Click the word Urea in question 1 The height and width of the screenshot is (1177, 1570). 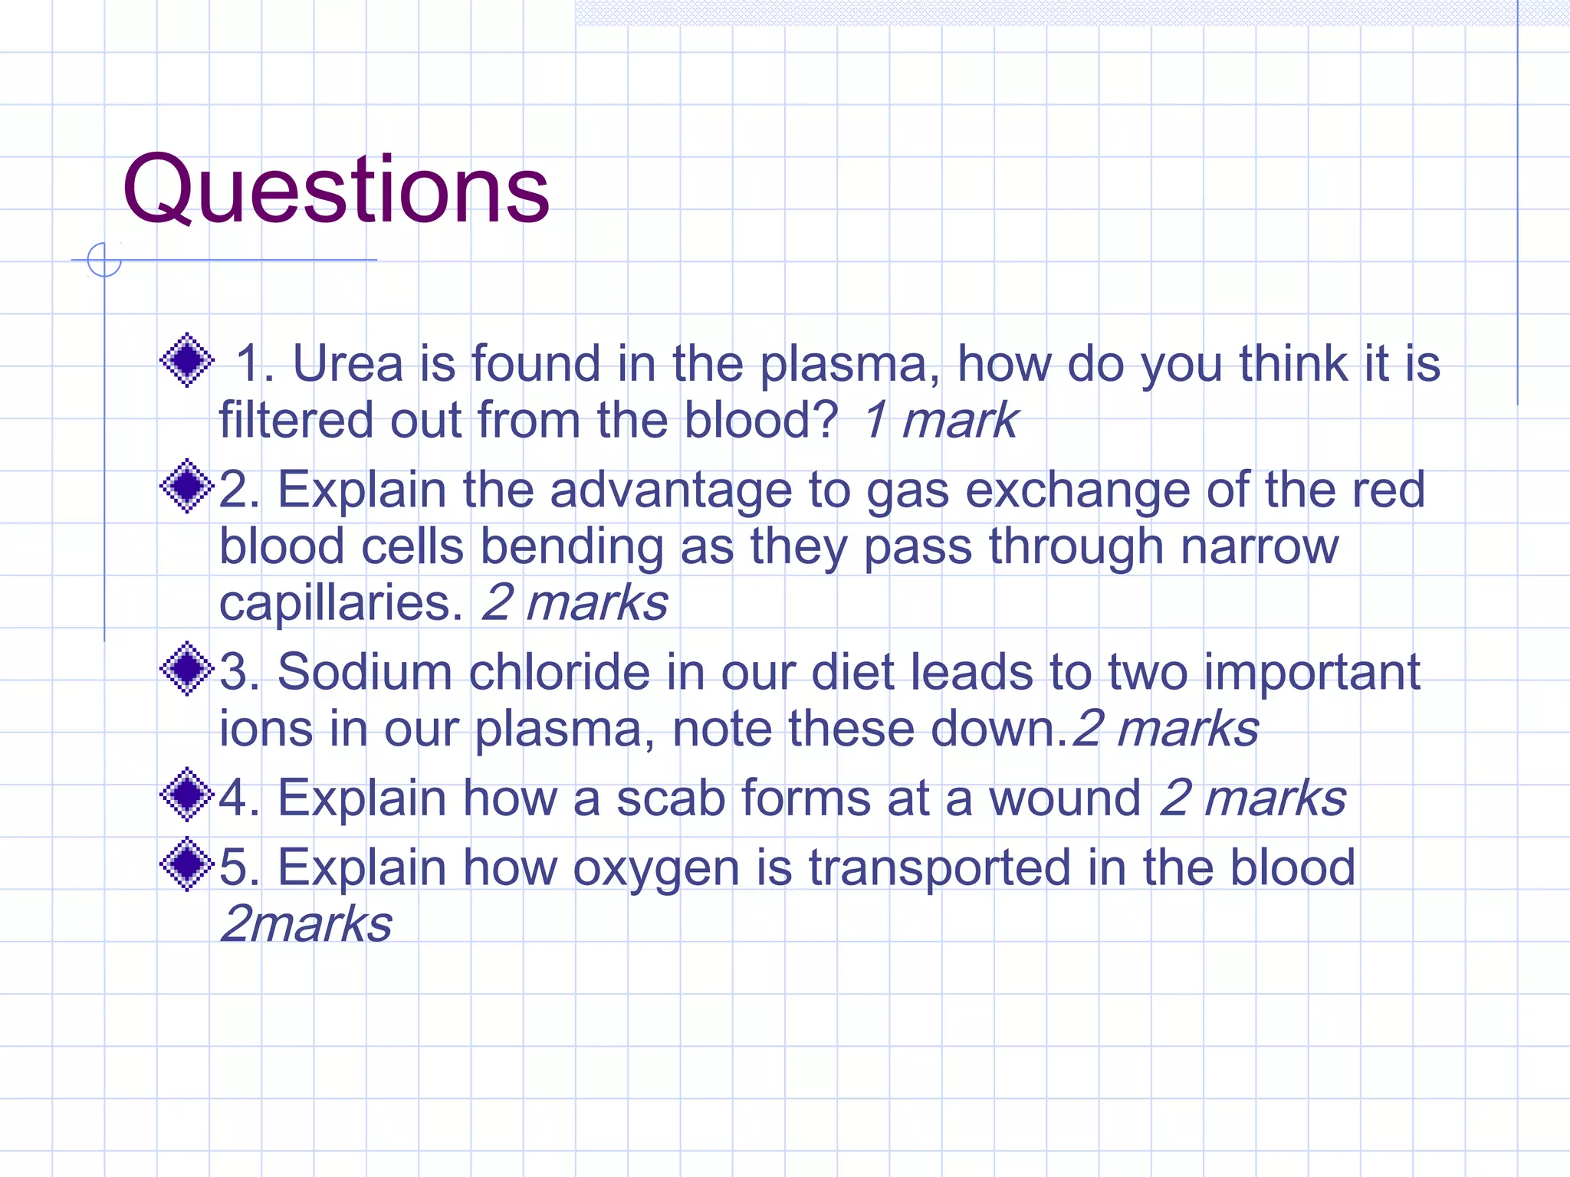coord(347,363)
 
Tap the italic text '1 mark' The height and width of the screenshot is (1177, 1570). coord(939,421)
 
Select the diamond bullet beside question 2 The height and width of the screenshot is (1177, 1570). coord(186,487)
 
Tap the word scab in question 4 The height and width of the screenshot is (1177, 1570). coord(670,798)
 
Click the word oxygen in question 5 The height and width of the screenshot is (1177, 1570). coord(655,869)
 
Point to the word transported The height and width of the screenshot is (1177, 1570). coord(939,869)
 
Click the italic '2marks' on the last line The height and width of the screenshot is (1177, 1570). coord(306,924)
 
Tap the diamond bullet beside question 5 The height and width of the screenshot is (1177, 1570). coord(186,865)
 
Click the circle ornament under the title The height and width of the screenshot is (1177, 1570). coord(104,260)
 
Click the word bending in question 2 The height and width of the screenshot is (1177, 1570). coord(571,547)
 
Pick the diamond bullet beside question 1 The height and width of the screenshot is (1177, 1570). coord(186,360)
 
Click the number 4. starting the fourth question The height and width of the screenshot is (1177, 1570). coord(239,798)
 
